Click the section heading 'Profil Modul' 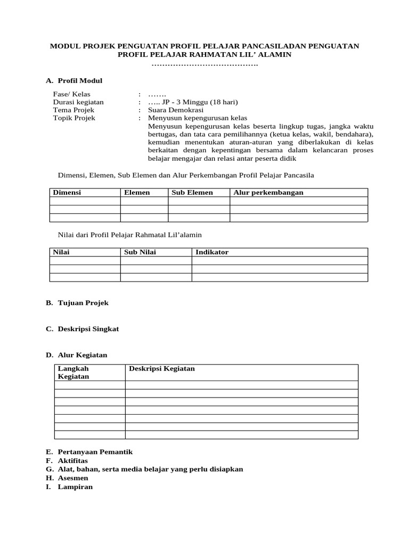(79, 80)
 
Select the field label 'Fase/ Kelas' (71, 94)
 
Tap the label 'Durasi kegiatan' (78, 102)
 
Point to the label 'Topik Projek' (74, 118)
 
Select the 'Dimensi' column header (67, 193)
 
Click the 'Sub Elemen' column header (192, 193)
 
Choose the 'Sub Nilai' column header (140, 252)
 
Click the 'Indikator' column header (212, 252)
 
